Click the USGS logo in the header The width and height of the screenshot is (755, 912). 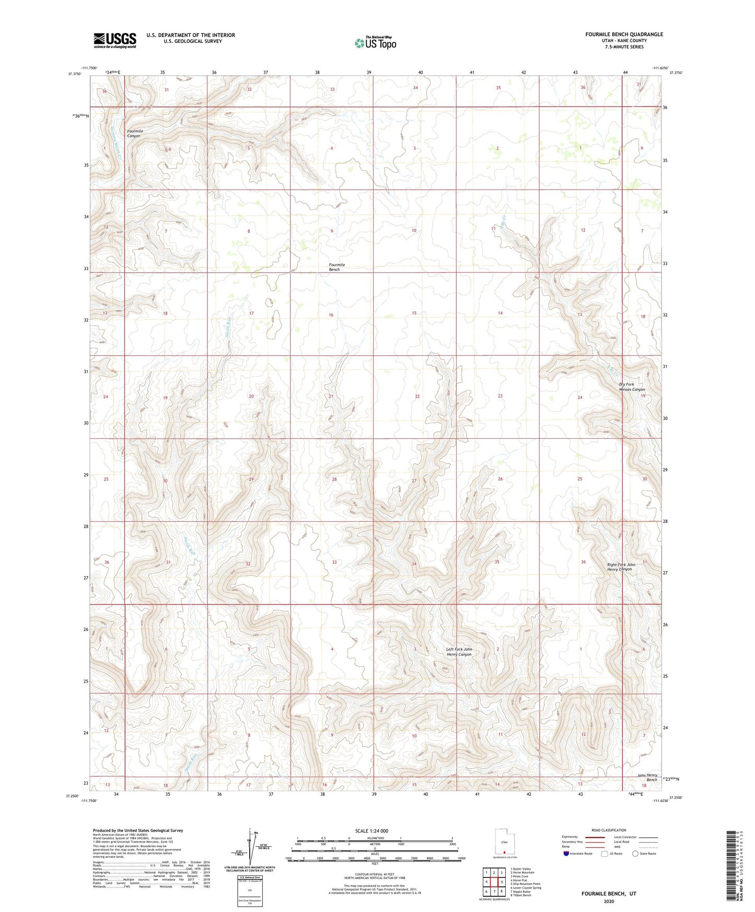tap(115, 40)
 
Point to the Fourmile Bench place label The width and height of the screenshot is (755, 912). tap(336, 267)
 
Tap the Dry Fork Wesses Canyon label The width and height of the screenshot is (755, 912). tap(632, 387)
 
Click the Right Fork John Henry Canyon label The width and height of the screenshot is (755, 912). tap(621, 567)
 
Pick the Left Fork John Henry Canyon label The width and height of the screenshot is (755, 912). tap(459, 652)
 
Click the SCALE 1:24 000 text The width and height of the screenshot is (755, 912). tap(371, 831)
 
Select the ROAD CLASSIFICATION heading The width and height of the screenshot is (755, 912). tap(609, 830)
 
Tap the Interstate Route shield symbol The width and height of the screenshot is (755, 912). tap(566, 853)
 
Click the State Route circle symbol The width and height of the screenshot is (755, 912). tap(635, 853)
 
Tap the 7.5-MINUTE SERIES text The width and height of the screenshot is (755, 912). tap(624, 47)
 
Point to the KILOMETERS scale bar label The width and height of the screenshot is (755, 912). tap(375, 838)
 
